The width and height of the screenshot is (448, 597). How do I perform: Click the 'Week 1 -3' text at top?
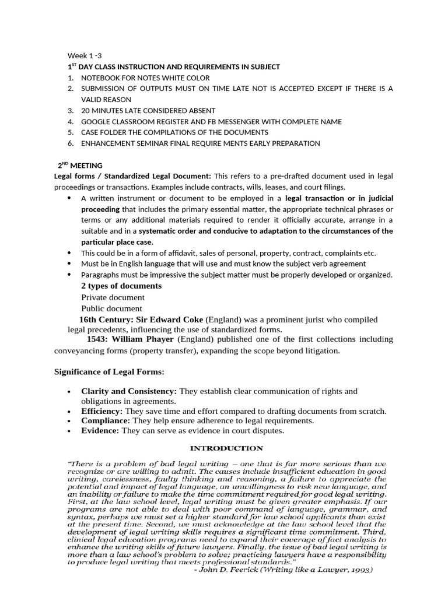pos(85,56)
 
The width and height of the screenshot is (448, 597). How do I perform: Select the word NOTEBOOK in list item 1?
pos(100,78)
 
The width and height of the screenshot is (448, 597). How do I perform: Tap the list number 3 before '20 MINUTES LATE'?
pos(70,110)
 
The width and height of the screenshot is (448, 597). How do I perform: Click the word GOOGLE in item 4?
pos(96,121)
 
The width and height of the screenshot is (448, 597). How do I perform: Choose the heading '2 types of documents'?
pos(121,286)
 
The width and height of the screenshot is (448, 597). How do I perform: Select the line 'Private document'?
pos(113,297)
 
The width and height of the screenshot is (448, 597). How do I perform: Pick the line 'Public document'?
pos(111,308)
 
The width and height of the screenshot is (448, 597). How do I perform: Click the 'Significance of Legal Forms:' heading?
pos(110,372)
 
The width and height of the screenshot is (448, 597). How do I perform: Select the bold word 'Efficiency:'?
pos(101,411)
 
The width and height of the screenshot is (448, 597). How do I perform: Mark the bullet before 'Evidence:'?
pos(69,431)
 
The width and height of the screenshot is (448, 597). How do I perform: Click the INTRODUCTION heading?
pos(228,448)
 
